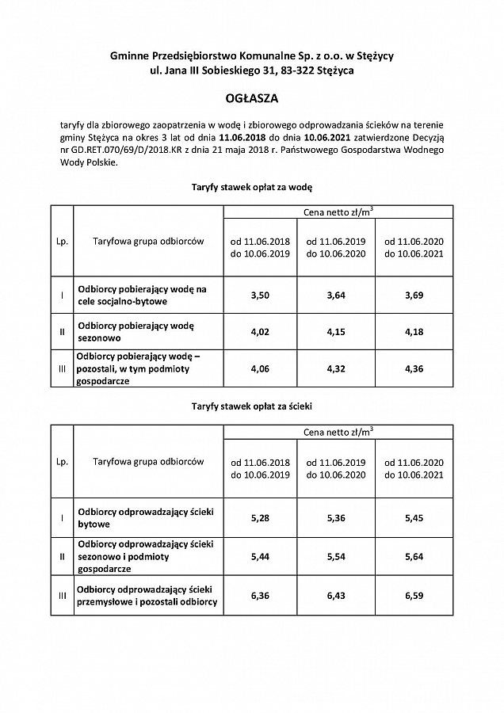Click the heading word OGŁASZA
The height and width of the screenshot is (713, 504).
(x=252, y=100)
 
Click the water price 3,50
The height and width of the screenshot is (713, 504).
(x=260, y=295)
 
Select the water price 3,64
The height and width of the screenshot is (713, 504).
(x=337, y=295)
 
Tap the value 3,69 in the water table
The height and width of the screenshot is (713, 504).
(x=414, y=295)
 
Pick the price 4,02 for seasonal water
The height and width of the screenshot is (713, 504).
(x=260, y=332)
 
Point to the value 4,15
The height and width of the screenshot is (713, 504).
(x=337, y=332)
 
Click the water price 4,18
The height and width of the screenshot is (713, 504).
(x=414, y=332)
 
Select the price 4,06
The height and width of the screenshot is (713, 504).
(x=260, y=368)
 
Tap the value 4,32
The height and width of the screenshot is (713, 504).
(x=337, y=368)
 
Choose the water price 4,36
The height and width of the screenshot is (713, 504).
(x=414, y=368)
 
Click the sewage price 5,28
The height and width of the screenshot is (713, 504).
(x=260, y=518)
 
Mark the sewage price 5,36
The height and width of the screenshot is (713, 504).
(x=337, y=518)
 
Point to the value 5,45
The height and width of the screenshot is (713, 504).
(x=414, y=518)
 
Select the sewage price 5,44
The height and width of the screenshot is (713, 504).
(x=260, y=557)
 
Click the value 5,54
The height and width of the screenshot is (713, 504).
(x=337, y=557)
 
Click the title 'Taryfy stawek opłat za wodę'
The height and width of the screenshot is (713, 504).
(x=252, y=189)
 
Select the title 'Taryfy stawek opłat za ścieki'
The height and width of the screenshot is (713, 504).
(x=252, y=406)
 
